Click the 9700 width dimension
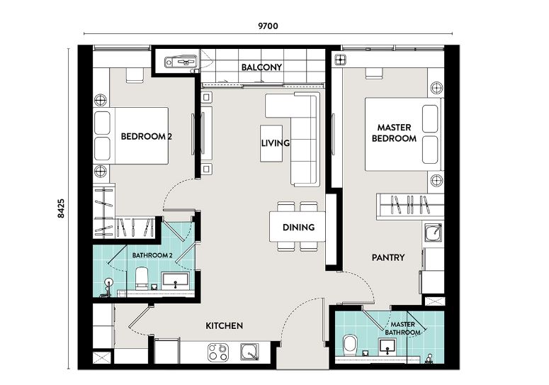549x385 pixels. [x=268, y=26]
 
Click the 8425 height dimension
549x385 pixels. [x=61, y=208]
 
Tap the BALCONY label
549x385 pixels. [x=261, y=67]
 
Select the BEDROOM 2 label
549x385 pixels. [x=147, y=136]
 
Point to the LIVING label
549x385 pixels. [x=275, y=143]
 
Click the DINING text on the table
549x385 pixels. [x=298, y=228]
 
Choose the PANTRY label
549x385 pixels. [x=388, y=258]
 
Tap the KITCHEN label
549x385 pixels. [x=224, y=325]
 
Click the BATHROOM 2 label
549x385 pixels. [x=152, y=255]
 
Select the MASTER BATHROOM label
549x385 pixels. [x=402, y=328]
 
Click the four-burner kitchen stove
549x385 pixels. [x=218, y=352]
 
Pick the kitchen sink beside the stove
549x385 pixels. [x=249, y=352]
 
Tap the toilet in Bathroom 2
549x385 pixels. [x=142, y=278]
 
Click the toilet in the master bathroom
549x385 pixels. [x=350, y=345]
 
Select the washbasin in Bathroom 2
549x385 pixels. [x=175, y=280]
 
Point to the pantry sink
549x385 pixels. [x=434, y=233]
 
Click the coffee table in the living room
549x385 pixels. [x=271, y=144]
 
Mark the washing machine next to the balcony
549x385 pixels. [x=181, y=62]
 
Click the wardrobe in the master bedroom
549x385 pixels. [x=410, y=206]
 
